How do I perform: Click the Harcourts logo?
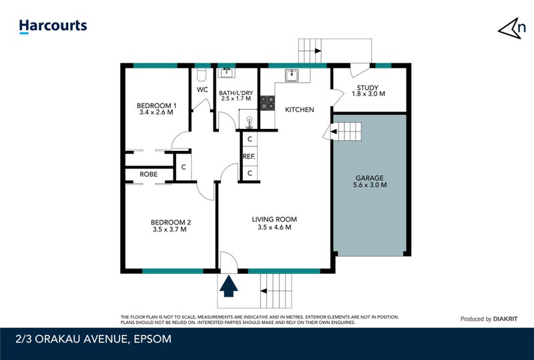[x=53, y=27]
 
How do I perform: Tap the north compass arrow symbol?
[x=510, y=28]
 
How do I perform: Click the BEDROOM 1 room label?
[x=156, y=106]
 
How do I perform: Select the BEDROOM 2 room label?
[x=171, y=222]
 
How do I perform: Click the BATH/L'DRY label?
[x=236, y=91]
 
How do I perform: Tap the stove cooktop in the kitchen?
[x=267, y=103]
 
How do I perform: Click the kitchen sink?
[x=292, y=75]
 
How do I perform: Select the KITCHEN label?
[x=299, y=110]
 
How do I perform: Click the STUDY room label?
[x=368, y=87]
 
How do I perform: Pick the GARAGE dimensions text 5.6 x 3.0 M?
[x=370, y=185]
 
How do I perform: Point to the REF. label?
[x=249, y=156]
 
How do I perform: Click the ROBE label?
[x=148, y=174]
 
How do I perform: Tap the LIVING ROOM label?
[x=274, y=219]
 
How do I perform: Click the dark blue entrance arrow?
[x=229, y=287]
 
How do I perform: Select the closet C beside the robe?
[x=183, y=167]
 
